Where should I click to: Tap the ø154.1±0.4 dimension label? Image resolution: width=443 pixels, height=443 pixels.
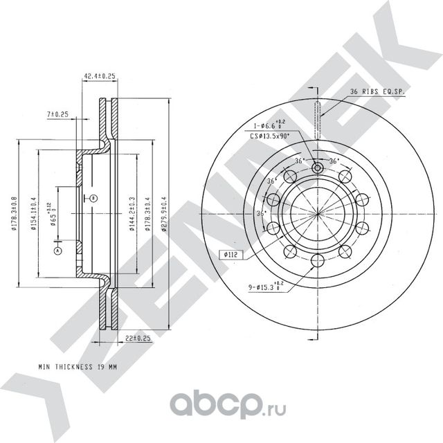point(35,213)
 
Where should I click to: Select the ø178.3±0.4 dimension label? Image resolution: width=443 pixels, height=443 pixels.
point(147,213)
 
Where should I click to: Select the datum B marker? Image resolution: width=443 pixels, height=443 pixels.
point(94,199)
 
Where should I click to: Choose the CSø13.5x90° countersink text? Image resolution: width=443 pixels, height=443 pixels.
point(270,138)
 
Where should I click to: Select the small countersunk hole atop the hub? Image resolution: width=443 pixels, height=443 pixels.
point(317,167)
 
